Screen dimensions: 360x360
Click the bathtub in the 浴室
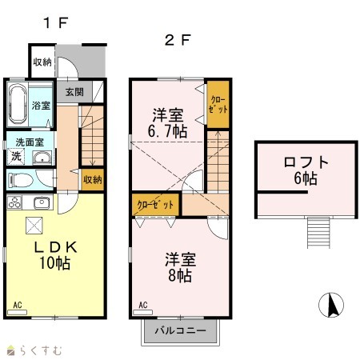tap(18, 105)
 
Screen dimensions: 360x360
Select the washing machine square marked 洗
tap(16, 156)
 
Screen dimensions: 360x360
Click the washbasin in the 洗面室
tap(42, 158)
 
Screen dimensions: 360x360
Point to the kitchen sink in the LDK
tap(42, 203)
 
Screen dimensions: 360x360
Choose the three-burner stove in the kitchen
tap(14, 202)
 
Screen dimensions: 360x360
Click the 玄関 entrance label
tap(74, 92)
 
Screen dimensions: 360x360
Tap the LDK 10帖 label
tap(55, 255)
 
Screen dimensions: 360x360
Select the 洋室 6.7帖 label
tap(167, 123)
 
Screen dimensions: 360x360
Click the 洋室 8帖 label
tap(181, 267)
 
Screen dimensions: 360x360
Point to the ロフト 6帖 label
tap(306, 170)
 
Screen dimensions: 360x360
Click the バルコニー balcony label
tap(181, 330)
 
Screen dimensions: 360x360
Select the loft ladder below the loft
tap(318, 233)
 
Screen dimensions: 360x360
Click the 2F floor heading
tap(178, 41)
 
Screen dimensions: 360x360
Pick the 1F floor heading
tap(56, 22)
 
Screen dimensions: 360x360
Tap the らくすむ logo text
tap(41, 350)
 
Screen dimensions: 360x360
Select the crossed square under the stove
tap(34, 226)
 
